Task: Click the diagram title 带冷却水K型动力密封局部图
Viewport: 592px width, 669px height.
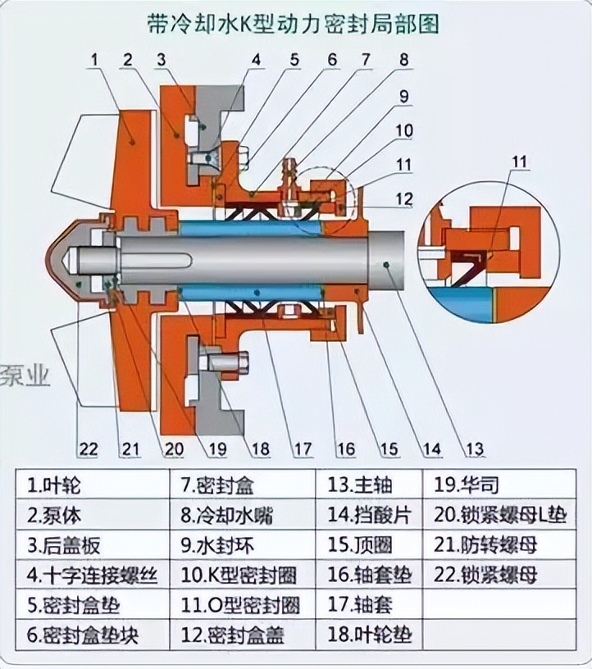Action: tap(296, 23)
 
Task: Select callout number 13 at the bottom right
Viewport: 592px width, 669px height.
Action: tap(476, 448)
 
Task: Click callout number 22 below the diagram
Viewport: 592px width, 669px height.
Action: tap(88, 448)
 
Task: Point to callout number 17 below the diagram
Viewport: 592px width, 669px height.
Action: tap(303, 448)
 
